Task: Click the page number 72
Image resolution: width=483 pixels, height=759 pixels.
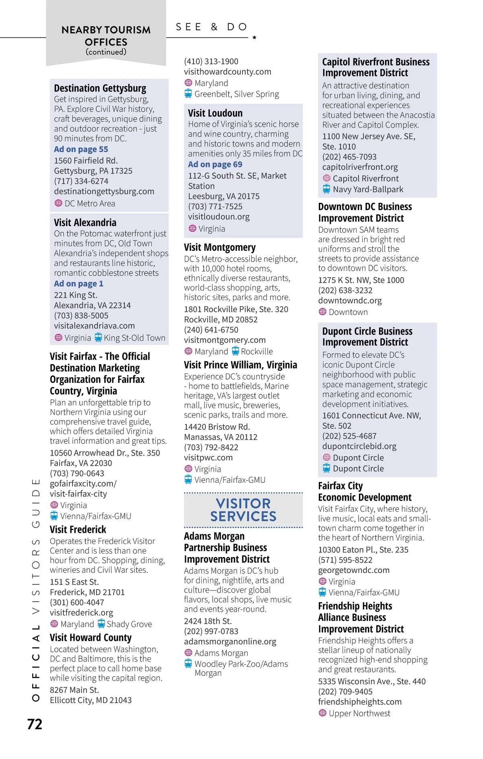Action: [35, 724]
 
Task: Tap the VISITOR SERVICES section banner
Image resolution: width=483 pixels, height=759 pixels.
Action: [243, 510]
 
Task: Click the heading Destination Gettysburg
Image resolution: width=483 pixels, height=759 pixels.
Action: [100, 88]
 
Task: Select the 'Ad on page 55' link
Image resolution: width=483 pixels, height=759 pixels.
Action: [81, 149]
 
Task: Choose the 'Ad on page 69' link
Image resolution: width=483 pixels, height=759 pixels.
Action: [215, 164]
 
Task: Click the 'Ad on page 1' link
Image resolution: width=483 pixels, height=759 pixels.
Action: [78, 284]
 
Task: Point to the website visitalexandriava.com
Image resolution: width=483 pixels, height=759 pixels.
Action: [94, 326]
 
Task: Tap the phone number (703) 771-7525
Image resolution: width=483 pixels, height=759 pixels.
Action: [215, 206]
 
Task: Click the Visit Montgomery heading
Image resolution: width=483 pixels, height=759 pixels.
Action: [220, 247]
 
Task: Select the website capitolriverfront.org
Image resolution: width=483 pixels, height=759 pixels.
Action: [360, 167]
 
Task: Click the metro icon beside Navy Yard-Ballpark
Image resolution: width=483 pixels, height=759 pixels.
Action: [326, 189]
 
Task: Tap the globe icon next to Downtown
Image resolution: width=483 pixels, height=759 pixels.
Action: [322, 312]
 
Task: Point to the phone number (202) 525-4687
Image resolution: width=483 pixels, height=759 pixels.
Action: [349, 436]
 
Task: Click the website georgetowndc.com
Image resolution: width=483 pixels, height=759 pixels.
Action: [354, 570]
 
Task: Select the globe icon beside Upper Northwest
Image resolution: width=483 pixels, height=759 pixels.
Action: [322, 713]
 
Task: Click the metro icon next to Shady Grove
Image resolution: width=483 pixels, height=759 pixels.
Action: [101, 624]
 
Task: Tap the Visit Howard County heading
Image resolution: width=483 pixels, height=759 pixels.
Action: [91, 637]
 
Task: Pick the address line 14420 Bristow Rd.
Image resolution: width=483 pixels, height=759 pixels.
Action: [217, 427]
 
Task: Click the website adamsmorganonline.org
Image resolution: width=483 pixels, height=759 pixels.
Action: [230, 641]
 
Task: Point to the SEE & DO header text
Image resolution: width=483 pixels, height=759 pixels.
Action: [212, 27]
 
